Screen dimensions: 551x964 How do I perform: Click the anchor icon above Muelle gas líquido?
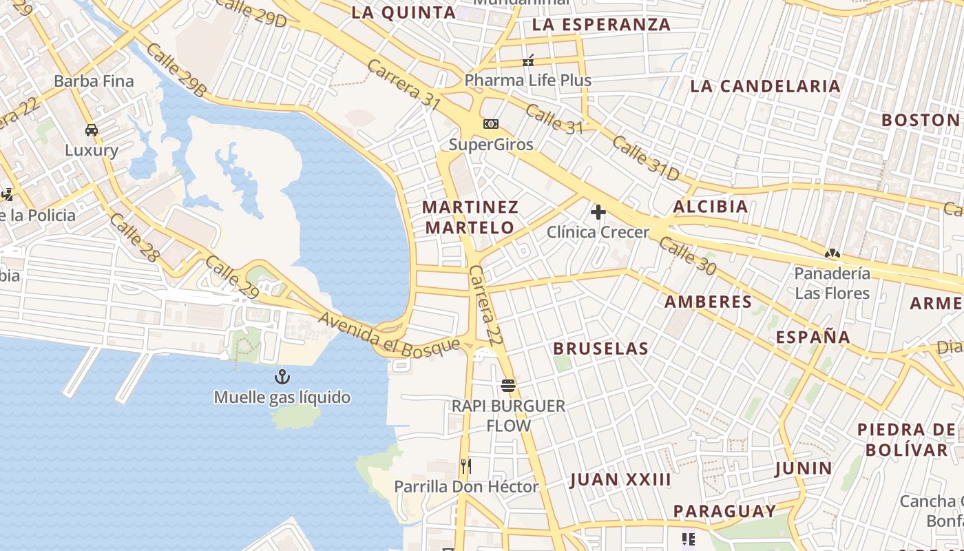tap(281, 377)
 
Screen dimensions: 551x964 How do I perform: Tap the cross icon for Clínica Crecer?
tap(598, 212)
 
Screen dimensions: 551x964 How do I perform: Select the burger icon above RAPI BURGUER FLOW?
tap(508, 385)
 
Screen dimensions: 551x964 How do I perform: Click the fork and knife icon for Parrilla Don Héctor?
tap(466, 466)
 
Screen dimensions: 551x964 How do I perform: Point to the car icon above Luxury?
tap(92, 129)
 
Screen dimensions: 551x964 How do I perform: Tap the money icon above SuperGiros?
tap(490, 124)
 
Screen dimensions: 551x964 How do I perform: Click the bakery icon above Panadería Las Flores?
tap(832, 253)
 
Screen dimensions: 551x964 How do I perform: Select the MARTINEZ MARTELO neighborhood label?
tap(470, 217)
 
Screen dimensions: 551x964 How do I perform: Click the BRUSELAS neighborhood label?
tap(601, 349)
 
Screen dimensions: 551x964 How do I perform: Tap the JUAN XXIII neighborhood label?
tap(620, 480)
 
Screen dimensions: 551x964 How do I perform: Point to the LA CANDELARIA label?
tap(765, 86)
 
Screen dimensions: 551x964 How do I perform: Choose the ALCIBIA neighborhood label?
tap(711, 207)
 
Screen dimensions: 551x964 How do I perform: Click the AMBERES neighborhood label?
tap(708, 302)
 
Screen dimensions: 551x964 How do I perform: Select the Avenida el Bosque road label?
tap(389, 333)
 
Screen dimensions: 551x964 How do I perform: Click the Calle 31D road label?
tap(645, 158)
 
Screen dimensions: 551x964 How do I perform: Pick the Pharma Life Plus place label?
tap(527, 80)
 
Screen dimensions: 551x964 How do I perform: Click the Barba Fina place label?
tap(94, 81)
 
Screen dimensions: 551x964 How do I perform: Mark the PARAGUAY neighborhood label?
tap(724, 511)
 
